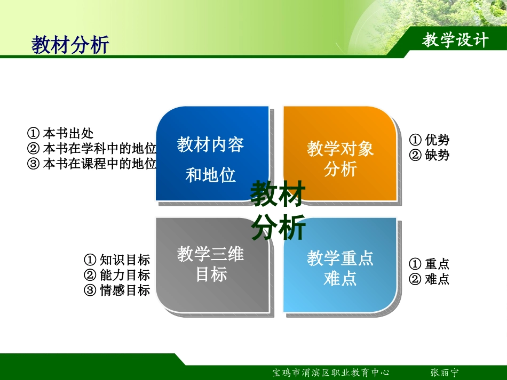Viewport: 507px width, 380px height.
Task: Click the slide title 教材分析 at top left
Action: point(70,45)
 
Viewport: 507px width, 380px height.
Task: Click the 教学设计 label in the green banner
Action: point(455,40)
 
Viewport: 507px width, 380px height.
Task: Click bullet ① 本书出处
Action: point(60,133)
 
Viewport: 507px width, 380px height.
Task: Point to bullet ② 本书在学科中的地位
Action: point(92,148)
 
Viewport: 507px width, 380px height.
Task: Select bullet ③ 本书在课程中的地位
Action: point(92,163)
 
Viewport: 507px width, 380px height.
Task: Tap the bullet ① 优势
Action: point(429,140)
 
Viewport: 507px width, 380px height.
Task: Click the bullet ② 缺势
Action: point(429,155)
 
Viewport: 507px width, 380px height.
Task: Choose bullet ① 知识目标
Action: point(117,260)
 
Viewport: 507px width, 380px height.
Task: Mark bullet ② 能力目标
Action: point(117,275)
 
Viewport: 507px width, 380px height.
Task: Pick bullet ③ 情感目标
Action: point(117,290)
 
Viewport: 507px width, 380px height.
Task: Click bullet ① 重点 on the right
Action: point(429,264)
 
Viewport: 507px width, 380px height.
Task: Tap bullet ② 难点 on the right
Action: point(429,279)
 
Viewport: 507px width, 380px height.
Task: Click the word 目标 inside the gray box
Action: point(211,275)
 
